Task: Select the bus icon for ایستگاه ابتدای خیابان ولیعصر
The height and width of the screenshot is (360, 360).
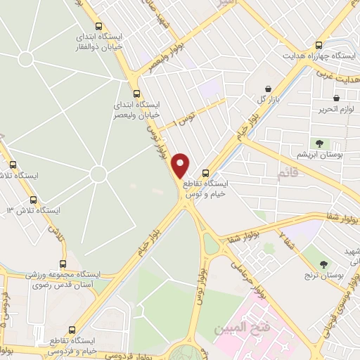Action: pyautogui.click(x=136, y=93)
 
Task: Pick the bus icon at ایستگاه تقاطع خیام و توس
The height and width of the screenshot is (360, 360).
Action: pyautogui.click(x=205, y=173)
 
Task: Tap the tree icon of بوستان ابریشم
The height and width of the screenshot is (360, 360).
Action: pyautogui.click(x=319, y=143)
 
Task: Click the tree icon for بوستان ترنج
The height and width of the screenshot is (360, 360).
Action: pyautogui.click(x=323, y=265)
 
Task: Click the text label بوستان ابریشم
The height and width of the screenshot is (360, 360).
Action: pyautogui.click(x=321, y=155)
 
